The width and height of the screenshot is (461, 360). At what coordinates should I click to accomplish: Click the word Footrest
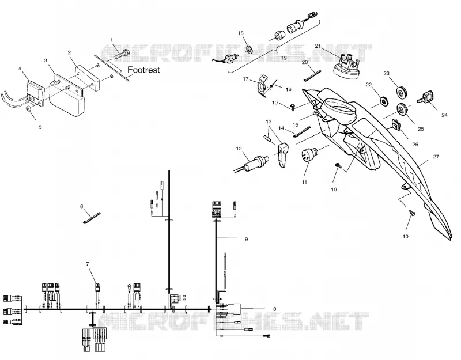[x=143, y=70]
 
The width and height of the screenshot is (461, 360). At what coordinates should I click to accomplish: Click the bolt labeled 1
[x=120, y=54]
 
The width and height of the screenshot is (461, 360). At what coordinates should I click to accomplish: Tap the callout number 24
[x=444, y=115]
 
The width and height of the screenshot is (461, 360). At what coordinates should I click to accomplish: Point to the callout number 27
[x=436, y=157]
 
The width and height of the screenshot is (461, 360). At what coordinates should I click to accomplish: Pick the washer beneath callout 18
[x=249, y=48]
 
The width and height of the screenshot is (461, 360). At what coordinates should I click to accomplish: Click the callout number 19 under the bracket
[x=284, y=58]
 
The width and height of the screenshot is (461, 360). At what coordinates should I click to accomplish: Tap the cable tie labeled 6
[x=92, y=218]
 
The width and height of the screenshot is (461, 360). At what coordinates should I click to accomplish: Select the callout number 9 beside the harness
[x=247, y=239]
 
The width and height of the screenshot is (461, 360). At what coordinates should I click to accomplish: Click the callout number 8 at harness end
[x=275, y=309]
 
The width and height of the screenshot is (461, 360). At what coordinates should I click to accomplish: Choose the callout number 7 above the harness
[x=88, y=264]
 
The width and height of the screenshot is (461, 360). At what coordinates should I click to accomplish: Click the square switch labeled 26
[x=396, y=124]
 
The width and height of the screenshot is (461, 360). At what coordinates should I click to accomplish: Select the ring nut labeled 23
[x=400, y=92]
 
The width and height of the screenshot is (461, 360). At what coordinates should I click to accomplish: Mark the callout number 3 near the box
[x=46, y=60]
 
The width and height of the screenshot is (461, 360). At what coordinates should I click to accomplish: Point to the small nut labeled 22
[x=383, y=101]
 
